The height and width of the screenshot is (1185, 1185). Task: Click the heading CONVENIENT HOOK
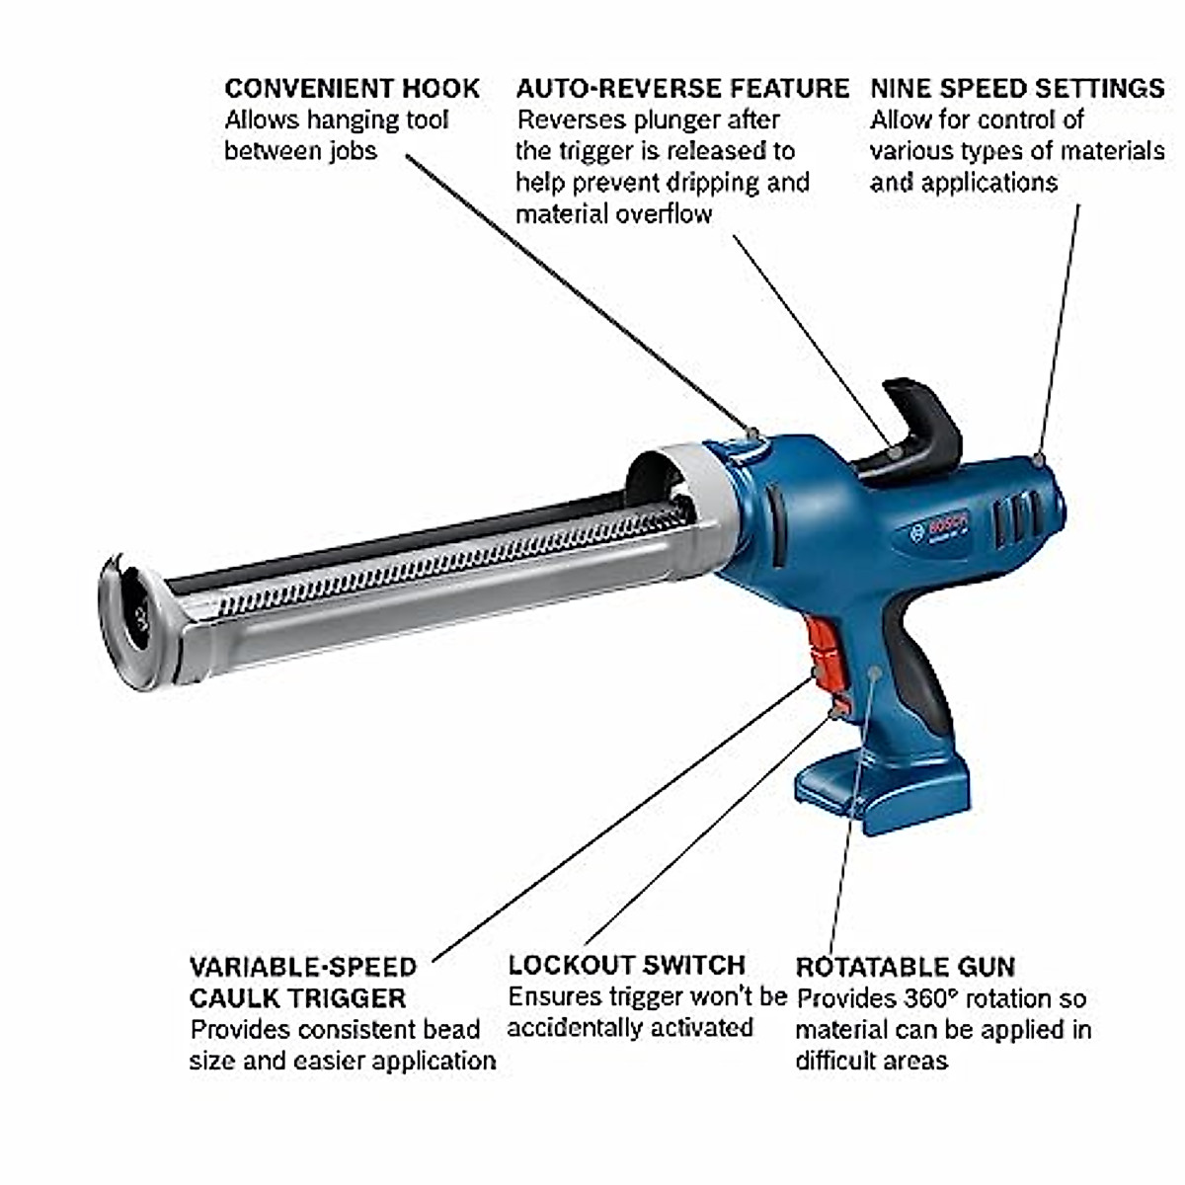coord(352,88)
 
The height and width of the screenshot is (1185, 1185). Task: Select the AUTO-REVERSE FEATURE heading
coord(681,88)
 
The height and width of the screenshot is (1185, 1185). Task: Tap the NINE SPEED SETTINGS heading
coord(1017,88)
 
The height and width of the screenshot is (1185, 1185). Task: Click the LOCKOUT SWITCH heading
coord(626,964)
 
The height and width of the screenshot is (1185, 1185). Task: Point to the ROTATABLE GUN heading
coord(905,966)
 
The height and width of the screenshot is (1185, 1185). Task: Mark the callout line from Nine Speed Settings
coord(1060,326)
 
